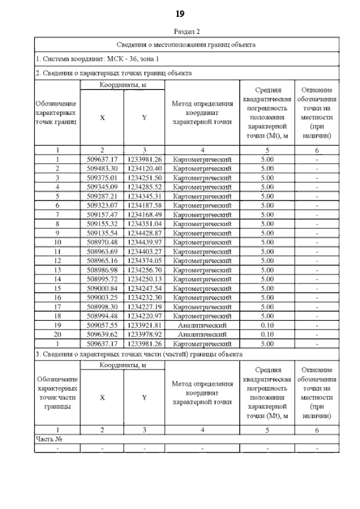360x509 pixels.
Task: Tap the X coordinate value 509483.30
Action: [x=102, y=168]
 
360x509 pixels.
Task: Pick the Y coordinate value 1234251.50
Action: [x=145, y=178]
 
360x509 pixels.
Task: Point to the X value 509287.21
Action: [x=102, y=196]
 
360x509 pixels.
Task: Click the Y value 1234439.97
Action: [x=145, y=242]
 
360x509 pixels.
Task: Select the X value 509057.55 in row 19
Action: [x=102, y=325]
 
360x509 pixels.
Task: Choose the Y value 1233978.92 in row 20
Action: [x=145, y=334]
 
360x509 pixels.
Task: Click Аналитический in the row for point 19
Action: [x=202, y=325]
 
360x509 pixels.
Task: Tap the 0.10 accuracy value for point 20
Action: [x=267, y=334]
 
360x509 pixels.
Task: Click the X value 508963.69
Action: [x=102, y=251]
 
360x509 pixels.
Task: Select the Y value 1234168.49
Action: [x=145, y=214]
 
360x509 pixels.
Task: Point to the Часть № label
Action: [x=48, y=439]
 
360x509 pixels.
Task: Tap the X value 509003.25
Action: [x=102, y=298]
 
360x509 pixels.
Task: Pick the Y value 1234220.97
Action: [x=145, y=316]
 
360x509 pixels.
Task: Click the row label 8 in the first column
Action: [x=57, y=224]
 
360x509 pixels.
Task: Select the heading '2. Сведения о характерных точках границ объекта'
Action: [x=114, y=73]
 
